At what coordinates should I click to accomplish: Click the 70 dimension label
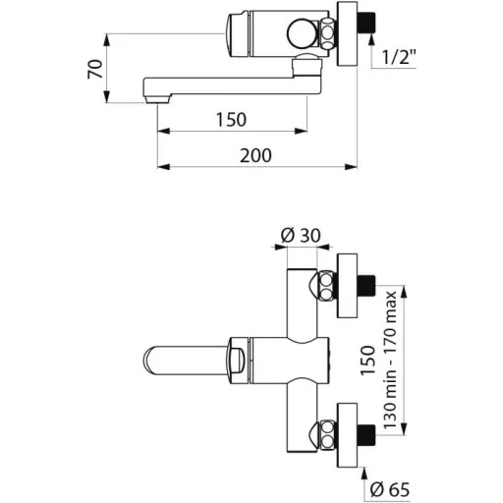click(95, 69)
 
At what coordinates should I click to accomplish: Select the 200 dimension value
click(255, 155)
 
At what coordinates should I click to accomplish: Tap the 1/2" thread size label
click(399, 57)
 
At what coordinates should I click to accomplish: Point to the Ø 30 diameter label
click(301, 235)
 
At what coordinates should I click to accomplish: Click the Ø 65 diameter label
click(390, 489)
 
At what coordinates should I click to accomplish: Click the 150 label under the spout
click(231, 120)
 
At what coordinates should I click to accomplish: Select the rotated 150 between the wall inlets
click(367, 360)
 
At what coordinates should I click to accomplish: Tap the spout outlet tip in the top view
click(157, 99)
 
